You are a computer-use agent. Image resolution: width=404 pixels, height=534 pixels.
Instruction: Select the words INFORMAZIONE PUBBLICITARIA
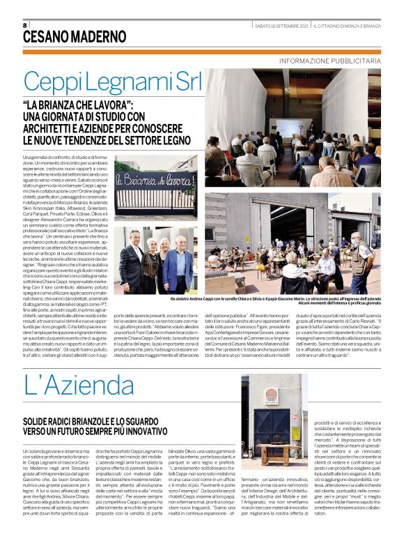(x=330, y=61)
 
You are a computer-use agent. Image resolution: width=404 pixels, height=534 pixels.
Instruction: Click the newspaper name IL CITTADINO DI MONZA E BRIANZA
(x=346, y=26)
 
